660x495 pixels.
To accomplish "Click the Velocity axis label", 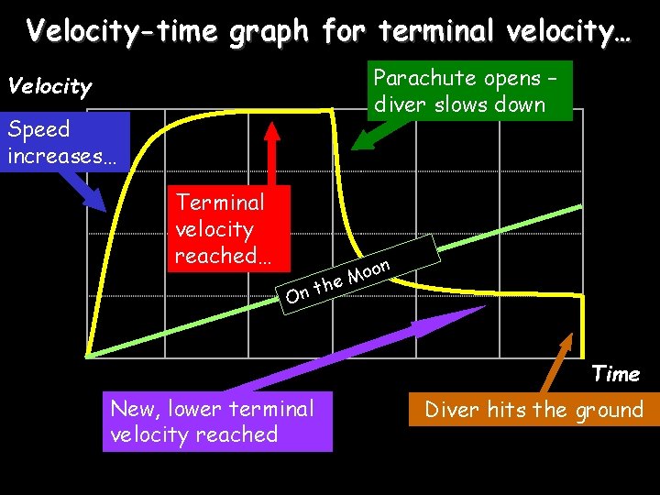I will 49,87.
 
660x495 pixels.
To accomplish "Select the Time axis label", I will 616,374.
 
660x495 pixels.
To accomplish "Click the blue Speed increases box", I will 62,142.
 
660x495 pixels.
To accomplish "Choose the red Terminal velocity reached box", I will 231,228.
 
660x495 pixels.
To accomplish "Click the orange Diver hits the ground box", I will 534,410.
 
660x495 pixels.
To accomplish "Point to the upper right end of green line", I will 579,207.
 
